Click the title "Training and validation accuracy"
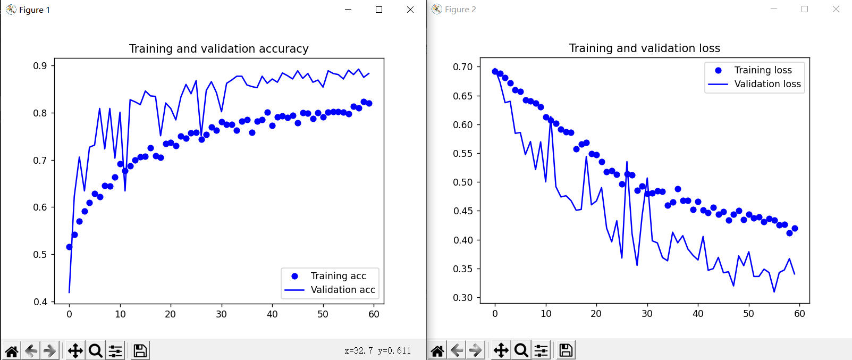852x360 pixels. (218, 49)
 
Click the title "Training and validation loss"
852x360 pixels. (644, 48)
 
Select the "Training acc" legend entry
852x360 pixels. (338, 276)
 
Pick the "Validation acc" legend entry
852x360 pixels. (343, 290)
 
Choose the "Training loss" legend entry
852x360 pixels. (763, 70)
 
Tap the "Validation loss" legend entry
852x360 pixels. (767, 84)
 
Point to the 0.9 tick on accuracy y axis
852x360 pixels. (40, 66)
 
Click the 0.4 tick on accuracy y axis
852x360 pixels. (40, 302)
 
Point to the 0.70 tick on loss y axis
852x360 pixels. (462, 67)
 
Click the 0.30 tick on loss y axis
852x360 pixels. (462, 298)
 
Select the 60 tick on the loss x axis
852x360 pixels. (799, 314)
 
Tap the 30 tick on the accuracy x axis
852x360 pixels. (221, 314)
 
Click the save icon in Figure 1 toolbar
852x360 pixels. (140, 351)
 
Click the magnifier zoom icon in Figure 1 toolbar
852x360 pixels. (96, 351)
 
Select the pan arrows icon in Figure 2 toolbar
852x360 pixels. (501, 350)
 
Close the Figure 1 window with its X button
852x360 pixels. (410, 10)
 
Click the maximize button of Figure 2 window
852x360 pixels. (805, 10)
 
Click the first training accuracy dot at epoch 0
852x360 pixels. (69, 247)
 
